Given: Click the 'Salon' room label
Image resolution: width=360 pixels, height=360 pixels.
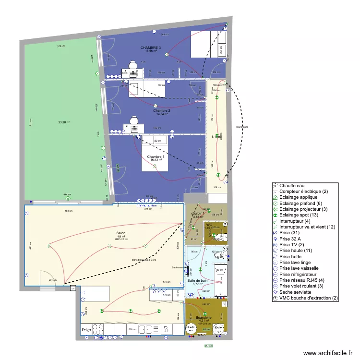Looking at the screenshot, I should point(120,233).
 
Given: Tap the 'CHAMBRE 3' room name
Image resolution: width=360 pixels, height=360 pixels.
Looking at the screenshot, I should point(150,48).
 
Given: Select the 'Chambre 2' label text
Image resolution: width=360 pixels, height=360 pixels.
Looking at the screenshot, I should point(162,110).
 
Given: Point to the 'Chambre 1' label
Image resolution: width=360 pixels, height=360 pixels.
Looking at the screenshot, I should point(156,157).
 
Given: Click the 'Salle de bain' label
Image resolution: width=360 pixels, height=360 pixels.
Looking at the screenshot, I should point(197,280).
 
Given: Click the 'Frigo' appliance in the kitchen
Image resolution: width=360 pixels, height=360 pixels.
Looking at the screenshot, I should point(86,330).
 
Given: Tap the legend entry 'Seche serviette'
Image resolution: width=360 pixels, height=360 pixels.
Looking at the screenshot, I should point(295,292).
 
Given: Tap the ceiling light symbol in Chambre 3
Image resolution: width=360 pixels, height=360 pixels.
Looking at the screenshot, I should point(167,55).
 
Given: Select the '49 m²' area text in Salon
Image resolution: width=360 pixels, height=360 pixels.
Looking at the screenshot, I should point(120,237).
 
